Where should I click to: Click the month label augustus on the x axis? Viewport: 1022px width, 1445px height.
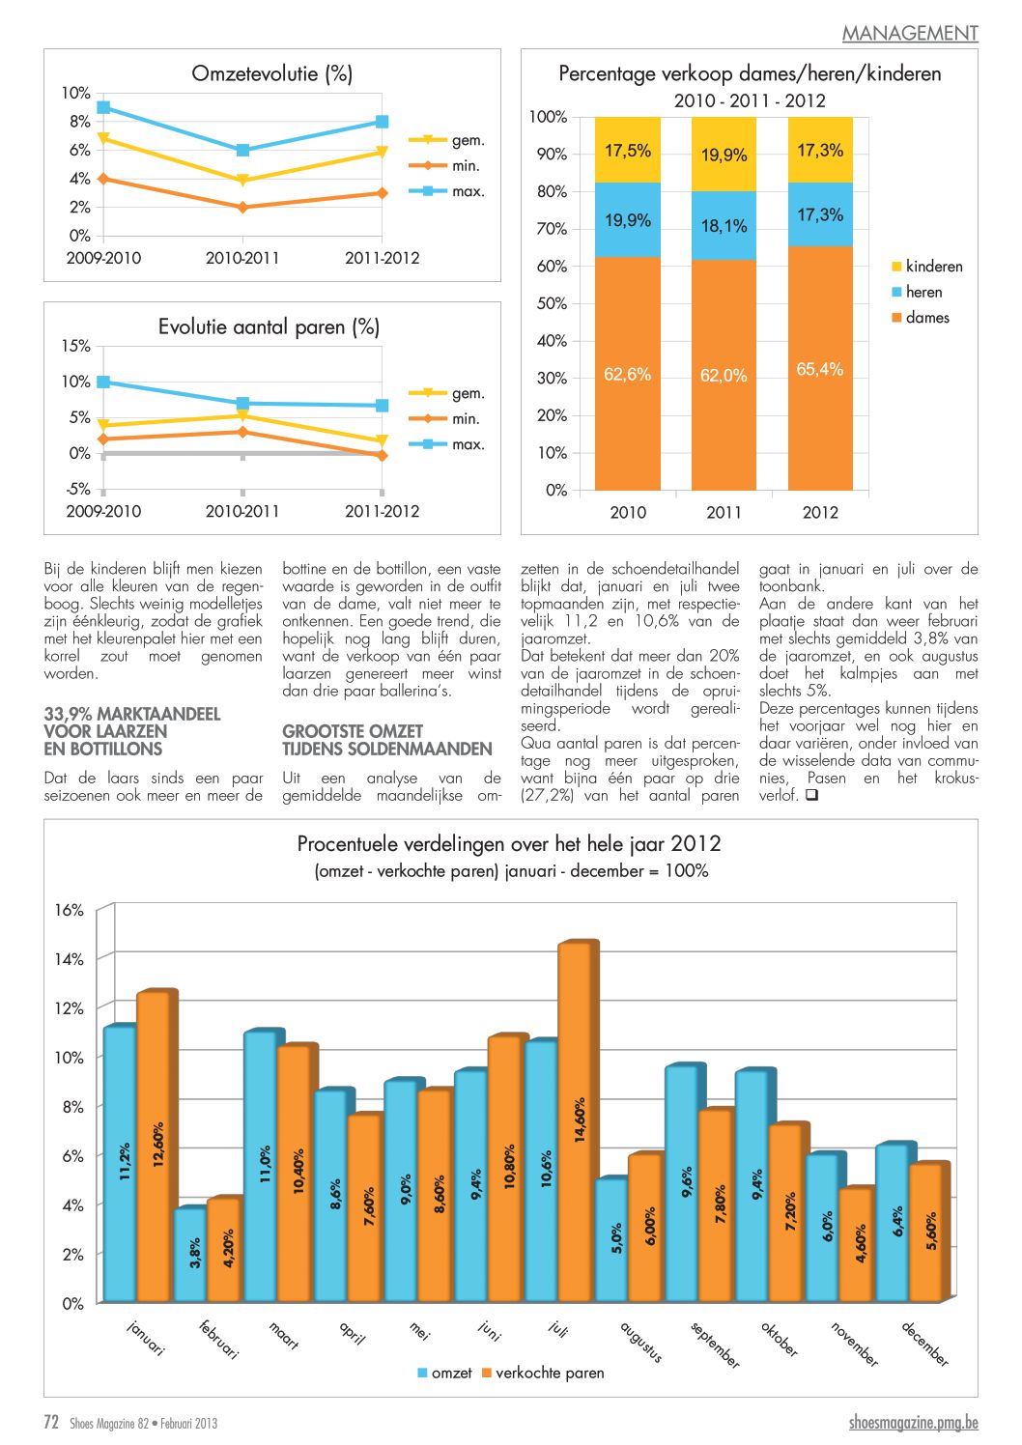tap(640, 1341)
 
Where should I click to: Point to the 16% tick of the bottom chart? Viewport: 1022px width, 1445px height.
tap(69, 910)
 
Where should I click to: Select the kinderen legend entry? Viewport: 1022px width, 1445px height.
tap(926, 267)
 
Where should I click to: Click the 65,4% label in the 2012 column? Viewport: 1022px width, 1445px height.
tap(819, 369)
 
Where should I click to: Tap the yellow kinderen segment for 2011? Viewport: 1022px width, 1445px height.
tap(724, 155)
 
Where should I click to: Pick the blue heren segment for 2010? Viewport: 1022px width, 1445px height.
tap(627, 220)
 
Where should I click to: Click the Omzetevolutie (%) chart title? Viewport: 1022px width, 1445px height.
tap(271, 73)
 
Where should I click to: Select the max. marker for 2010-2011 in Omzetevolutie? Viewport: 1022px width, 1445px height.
tap(242, 150)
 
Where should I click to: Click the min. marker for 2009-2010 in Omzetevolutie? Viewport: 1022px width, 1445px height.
tap(103, 179)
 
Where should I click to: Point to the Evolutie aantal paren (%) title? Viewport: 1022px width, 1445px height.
tap(269, 327)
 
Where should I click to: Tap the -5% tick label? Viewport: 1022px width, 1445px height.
tap(77, 489)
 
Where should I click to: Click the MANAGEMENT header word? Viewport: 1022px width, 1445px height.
tap(910, 33)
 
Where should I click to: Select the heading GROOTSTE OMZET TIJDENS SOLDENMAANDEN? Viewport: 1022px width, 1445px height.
tap(386, 740)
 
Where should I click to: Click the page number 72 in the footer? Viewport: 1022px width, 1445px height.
tap(51, 1422)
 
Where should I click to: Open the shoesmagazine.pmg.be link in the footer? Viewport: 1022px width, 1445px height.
tap(913, 1423)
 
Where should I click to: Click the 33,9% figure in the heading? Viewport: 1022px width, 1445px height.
tap(69, 714)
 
